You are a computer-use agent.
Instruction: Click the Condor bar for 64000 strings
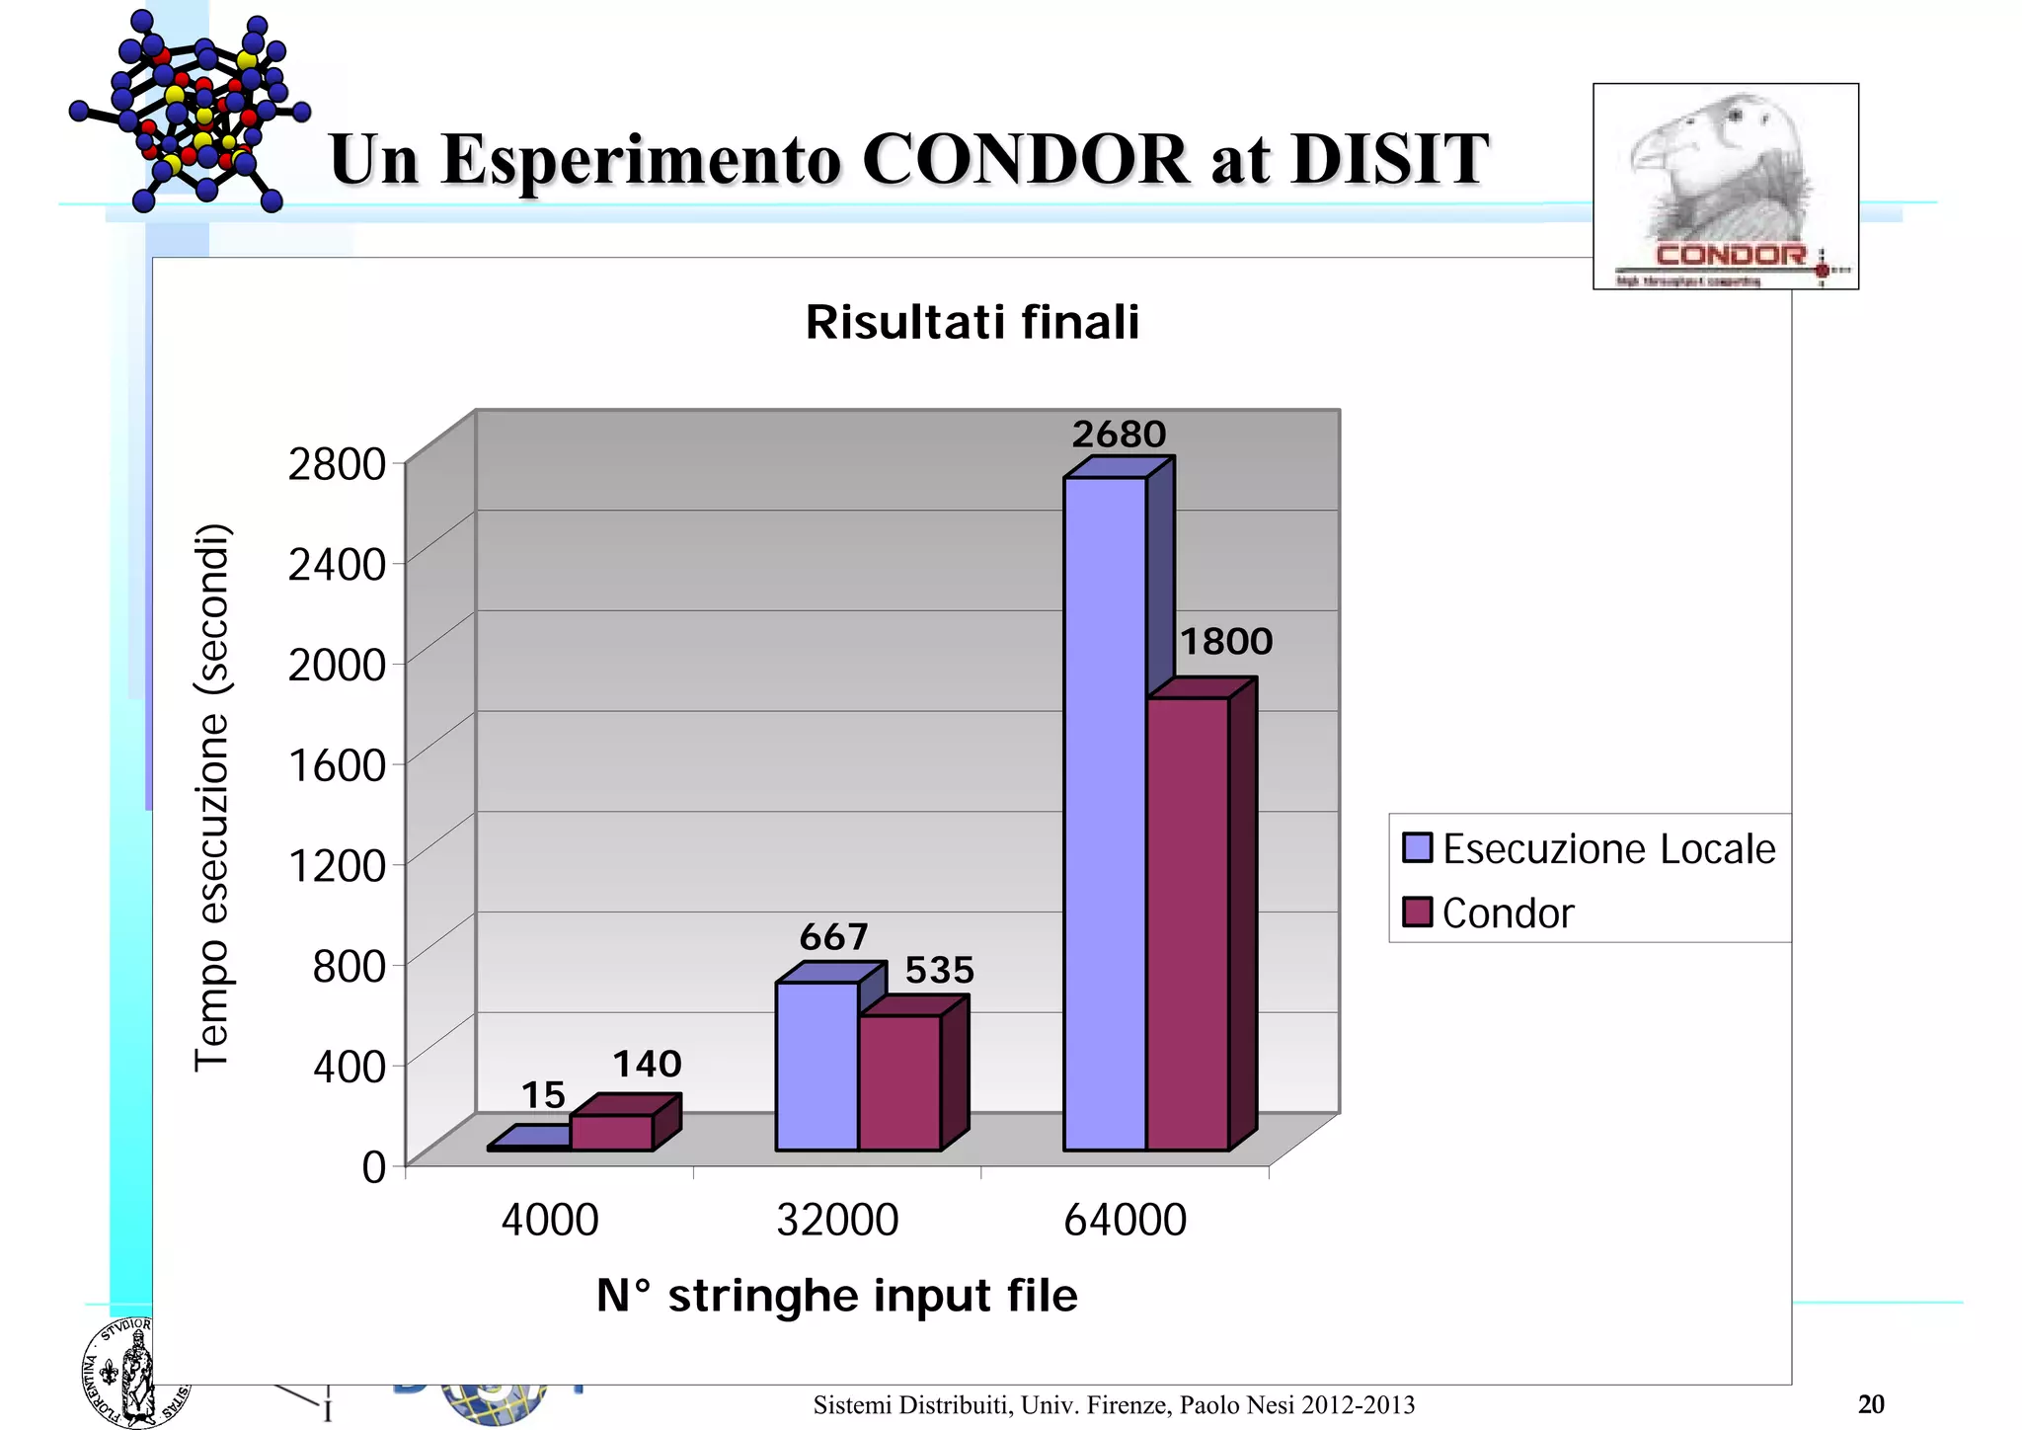tap(1188, 923)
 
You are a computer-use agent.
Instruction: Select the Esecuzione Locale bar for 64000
tap(1105, 815)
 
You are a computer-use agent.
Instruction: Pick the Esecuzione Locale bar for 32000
tap(817, 1067)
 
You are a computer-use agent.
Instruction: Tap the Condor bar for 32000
tap(899, 1082)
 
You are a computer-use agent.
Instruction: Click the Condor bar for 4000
tap(611, 1133)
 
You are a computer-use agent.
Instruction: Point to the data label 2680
tap(1119, 435)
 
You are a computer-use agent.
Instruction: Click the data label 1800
tap(1226, 642)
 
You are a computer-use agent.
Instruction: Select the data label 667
tap(833, 936)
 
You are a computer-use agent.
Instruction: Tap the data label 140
tap(647, 1064)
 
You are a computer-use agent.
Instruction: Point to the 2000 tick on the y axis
tap(337, 665)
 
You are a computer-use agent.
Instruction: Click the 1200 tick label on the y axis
tap(337, 865)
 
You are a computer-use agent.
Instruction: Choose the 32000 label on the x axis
tap(837, 1220)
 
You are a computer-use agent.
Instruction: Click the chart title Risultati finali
tap(972, 322)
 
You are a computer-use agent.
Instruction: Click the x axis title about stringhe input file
tap(837, 1296)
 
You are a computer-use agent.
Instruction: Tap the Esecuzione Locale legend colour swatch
tap(1417, 848)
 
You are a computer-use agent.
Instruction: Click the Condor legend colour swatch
tap(1417, 913)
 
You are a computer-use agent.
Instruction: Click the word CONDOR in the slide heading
tap(1026, 159)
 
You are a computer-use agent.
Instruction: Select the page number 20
tap(1871, 1404)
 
